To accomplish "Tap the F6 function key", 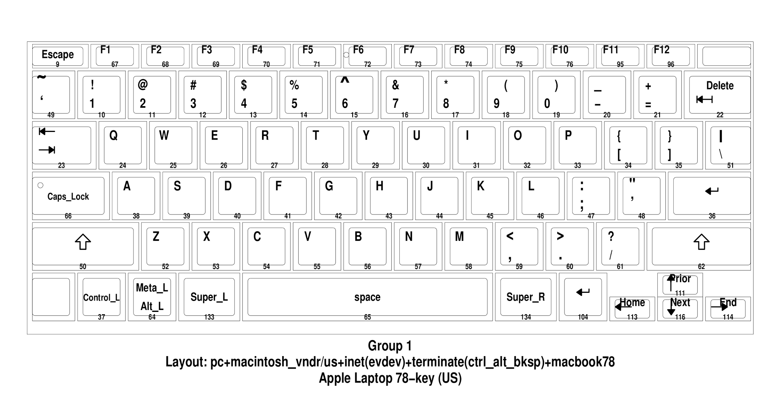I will click(x=367, y=56).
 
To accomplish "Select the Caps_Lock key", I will click(x=68, y=196).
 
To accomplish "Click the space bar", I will click(x=367, y=297).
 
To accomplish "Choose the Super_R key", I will click(x=525, y=297).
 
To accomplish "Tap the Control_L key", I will click(x=101, y=297).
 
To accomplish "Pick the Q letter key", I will click(x=122, y=145).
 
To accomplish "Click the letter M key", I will click(x=468, y=246).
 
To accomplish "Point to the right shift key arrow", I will click(x=701, y=242).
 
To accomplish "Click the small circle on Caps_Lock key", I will click(x=40, y=185).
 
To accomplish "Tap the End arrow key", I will click(x=728, y=308).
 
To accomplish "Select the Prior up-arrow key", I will click(x=680, y=284).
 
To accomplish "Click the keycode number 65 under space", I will click(x=367, y=317).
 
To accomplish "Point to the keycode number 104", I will click(x=583, y=317).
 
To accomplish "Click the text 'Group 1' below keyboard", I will click(x=389, y=346).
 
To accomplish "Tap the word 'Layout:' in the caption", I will click(x=186, y=362).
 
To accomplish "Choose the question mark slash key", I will click(x=620, y=246).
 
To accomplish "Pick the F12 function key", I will click(x=670, y=56).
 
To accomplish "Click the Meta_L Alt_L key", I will click(x=152, y=297).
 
